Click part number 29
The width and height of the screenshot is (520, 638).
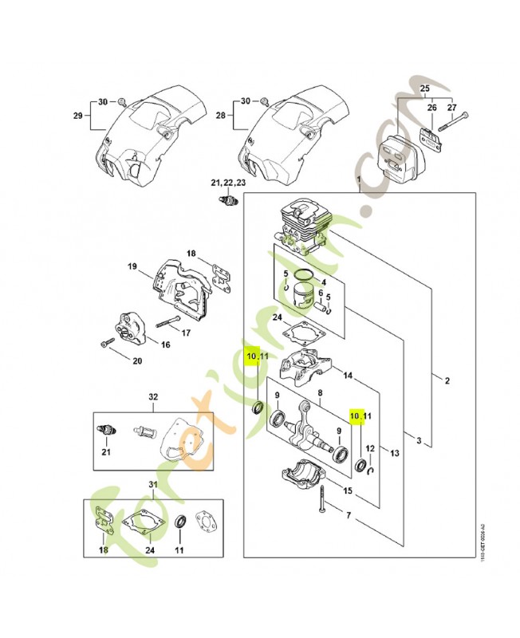point(78,116)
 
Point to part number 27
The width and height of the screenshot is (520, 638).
point(452,107)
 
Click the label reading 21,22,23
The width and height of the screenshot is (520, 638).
point(228,183)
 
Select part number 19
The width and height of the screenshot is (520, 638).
point(132,266)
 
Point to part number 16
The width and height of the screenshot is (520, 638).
point(165,345)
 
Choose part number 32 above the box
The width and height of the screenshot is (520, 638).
point(154,396)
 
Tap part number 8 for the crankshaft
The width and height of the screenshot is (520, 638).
point(319,393)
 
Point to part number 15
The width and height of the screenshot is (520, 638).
point(348,490)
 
